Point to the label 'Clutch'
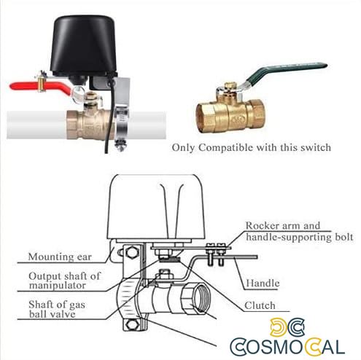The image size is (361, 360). click(260, 305)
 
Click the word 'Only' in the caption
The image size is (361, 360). click(183, 147)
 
